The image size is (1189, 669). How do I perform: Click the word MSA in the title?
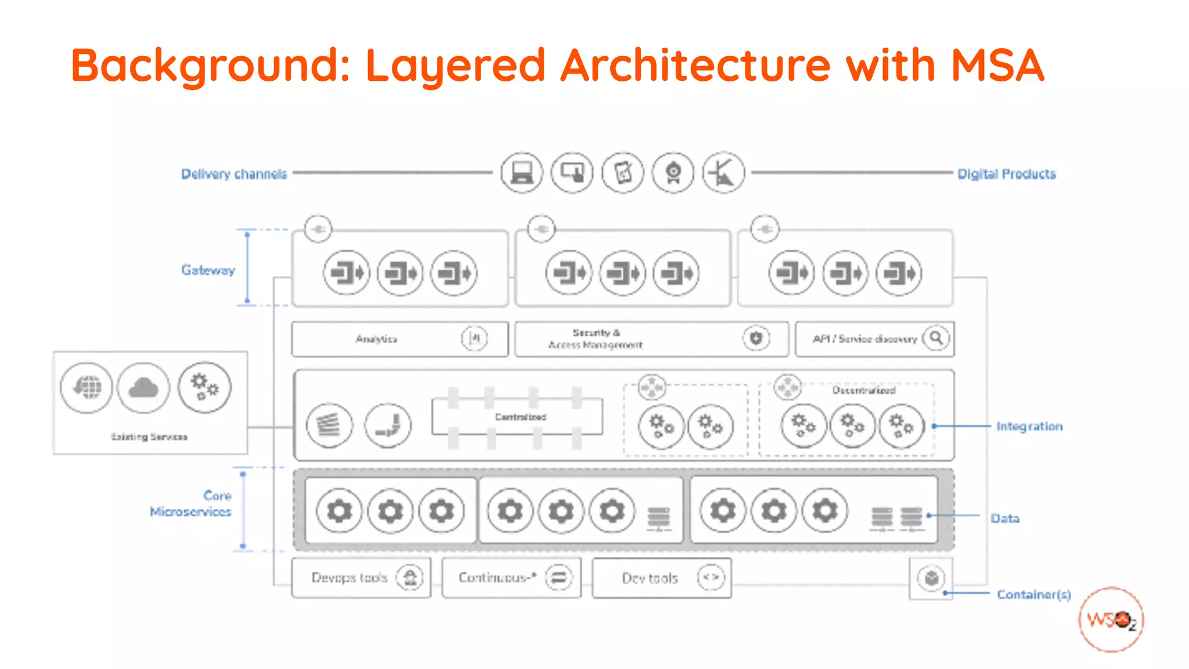point(997,65)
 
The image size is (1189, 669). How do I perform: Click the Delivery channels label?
point(234,174)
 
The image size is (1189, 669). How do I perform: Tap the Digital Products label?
point(1006,174)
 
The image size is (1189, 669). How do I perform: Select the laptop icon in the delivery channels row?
point(521,172)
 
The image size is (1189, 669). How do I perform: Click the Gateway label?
point(208,270)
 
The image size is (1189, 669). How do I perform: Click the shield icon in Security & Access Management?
point(756,338)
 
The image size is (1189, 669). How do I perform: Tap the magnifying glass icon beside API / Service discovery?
point(936,338)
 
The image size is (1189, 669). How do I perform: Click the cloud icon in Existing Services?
point(143,387)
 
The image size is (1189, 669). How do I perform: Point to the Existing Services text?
point(149,437)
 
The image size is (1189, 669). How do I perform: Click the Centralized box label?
point(520,417)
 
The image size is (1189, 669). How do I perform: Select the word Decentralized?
point(863,390)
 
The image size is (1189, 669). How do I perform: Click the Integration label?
point(1029,426)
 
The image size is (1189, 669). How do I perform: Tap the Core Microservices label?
point(192,503)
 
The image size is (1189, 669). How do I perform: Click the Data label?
point(1005,518)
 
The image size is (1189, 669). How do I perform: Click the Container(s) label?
point(1033,594)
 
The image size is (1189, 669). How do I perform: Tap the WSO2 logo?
point(1111,620)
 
